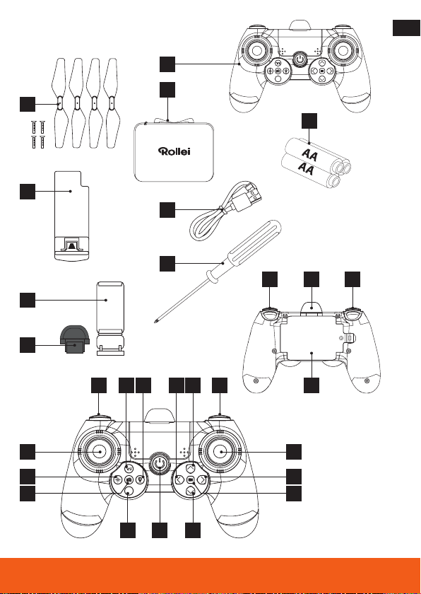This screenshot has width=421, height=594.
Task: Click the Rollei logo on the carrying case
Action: pyautogui.click(x=174, y=151)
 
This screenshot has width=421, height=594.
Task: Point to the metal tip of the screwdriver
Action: pyautogui.click(x=156, y=321)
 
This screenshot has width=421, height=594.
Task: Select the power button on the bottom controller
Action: pyautogui.click(x=159, y=462)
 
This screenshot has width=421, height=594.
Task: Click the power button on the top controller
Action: pyautogui.click(x=300, y=59)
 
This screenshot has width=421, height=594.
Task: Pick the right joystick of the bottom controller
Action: pyautogui.click(x=221, y=452)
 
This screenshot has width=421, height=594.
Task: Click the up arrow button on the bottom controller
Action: pyautogui.click(x=191, y=467)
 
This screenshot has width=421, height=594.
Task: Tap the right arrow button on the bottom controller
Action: pyautogui.click(x=203, y=479)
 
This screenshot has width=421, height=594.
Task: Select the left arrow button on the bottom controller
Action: pyautogui.click(x=180, y=479)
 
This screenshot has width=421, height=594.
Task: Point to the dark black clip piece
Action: pyautogui.click(x=76, y=339)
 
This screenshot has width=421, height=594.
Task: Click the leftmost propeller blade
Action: pyautogui.click(x=59, y=103)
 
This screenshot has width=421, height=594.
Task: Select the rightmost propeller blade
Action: pyautogui.click(x=112, y=103)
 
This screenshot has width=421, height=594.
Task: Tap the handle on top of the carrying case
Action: pyautogui.click(x=167, y=120)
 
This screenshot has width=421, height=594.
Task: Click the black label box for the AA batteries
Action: pyautogui.click(x=309, y=121)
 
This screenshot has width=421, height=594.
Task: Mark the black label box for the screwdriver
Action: pyautogui.click(x=167, y=264)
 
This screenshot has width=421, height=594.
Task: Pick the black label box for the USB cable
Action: pyautogui.click(x=167, y=210)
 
